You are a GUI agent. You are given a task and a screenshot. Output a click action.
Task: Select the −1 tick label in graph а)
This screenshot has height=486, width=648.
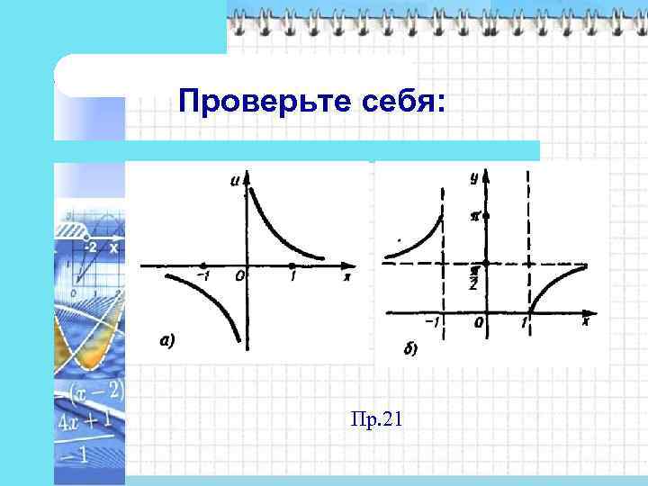click(x=203, y=276)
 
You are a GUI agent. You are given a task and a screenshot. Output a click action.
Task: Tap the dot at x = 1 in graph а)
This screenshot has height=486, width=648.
click(x=292, y=265)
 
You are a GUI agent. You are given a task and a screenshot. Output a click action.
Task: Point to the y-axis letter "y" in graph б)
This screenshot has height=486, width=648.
click(x=474, y=178)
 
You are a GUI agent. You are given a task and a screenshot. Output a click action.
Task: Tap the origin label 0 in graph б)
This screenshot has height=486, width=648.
click(x=479, y=322)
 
